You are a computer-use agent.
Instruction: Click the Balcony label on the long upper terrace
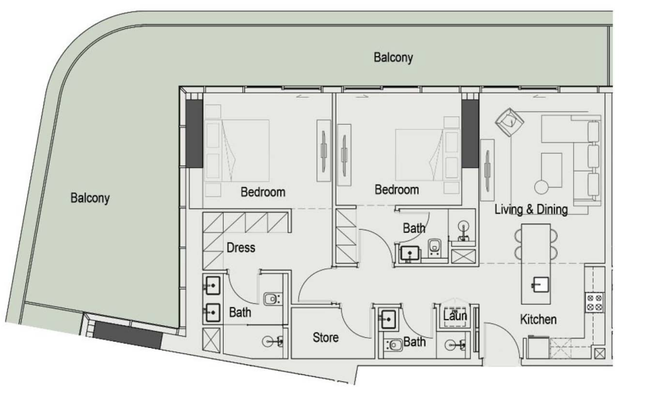tap(393, 57)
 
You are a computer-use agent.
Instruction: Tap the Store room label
tap(325, 337)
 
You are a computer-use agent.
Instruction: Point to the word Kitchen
tap(538, 320)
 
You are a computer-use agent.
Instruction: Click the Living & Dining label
tap(531, 209)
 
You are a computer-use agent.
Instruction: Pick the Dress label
tap(241, 247)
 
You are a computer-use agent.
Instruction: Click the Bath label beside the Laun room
tap(414, 342)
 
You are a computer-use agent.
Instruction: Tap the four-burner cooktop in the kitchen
tap(594, 303)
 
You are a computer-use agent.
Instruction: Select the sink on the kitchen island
tap(540, 285)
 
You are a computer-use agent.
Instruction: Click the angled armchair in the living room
tap(509, 122)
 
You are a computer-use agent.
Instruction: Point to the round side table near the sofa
tap(541, 187)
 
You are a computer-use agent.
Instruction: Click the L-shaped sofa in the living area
tap(572, 159)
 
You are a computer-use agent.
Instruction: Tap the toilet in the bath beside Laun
tap(393, 345)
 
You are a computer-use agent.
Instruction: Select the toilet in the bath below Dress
tap(271, 298)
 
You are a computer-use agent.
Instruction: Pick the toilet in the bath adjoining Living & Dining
tap(434, 247)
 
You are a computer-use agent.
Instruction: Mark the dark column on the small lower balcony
tap(128, 334)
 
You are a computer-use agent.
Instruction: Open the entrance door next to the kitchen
tap(502, 340)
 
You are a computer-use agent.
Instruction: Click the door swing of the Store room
tap(355, 320)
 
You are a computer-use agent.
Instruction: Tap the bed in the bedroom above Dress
tap(237, 151)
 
